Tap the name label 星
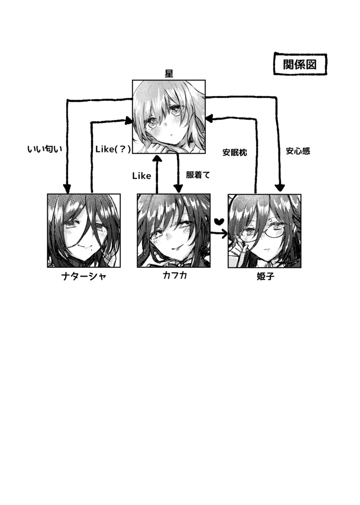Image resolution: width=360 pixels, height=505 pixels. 169,73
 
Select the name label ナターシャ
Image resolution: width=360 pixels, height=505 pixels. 84,276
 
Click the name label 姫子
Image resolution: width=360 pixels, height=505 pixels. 266,276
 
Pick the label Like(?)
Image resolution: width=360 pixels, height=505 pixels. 113,149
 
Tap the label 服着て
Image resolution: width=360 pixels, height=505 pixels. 198,175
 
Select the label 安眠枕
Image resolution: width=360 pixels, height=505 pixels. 235,152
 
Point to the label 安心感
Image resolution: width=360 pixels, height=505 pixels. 298,151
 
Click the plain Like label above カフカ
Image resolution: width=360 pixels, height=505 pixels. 142,176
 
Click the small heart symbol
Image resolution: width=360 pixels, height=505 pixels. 219,221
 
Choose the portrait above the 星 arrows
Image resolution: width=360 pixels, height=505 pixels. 169,116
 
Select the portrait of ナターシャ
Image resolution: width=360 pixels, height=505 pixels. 84,231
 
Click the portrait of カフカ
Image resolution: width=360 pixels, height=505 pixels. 174,231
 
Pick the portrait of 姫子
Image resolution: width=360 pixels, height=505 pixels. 264,231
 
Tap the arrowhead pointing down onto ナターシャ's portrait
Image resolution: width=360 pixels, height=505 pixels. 67,188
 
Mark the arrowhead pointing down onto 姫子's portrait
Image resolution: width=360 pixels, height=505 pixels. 280,187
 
